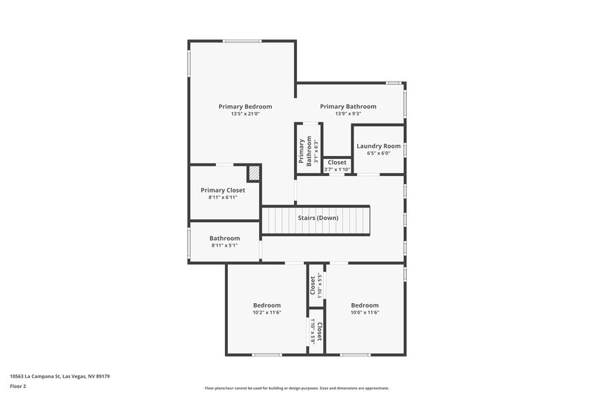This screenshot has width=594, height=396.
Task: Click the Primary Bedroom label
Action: click(x=245, y=106)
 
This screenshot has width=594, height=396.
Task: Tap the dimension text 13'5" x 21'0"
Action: click(x=245, y=114)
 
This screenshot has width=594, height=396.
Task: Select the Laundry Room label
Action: click(x=379, y=146)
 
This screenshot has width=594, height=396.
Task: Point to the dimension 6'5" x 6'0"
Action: click(x=379, y=154)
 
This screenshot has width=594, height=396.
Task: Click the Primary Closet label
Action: click(x=223, y=190)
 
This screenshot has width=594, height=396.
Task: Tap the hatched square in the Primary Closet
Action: click(x=255, y=172)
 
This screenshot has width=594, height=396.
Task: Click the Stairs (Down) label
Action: click(x=318, y=218)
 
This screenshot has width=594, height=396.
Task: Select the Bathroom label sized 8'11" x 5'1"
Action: click(x=224, y=238)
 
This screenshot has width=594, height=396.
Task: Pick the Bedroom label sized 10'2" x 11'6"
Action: click(x=267, y=305)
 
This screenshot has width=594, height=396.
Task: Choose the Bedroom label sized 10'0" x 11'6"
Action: click(x=365, y=305)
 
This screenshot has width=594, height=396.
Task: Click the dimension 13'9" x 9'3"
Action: click(x=348, y=114)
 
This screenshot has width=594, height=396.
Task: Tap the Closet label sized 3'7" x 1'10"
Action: click(x=337, y=162)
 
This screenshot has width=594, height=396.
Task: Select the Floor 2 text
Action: click(x=18, y=386)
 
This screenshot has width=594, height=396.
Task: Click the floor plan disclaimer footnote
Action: click(x=297, y=388)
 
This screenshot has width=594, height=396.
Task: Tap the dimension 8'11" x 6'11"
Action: click(x=223, y=198)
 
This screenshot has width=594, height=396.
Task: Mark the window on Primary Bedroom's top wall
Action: click(x=242, y=41)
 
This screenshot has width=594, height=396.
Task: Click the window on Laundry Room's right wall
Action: click(x=405, y=151)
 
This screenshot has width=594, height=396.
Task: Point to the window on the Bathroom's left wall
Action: click(x=189, y=243)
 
